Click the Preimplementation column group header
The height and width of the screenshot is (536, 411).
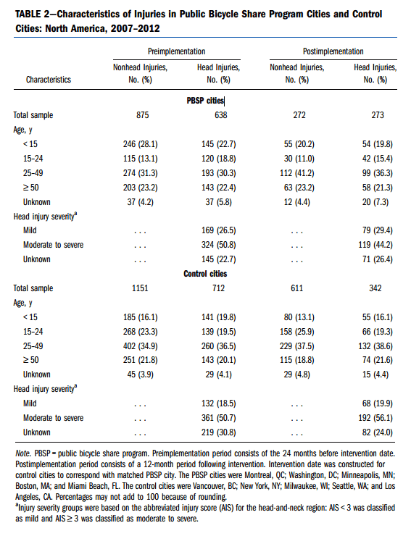tap(177, 51)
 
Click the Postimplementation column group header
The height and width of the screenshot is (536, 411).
tap(333, 51)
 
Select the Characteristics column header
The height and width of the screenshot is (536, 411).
tap(49, 80)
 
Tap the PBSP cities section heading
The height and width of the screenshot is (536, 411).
tap(205, 101)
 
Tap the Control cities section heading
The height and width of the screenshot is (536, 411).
tap(205, 274)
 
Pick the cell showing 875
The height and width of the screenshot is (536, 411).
tap(142, 115)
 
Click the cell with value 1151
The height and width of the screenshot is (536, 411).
tap(141, 288)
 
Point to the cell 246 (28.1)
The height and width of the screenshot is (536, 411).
tap(141, 144)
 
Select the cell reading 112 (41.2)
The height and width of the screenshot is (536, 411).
tap(297, 173)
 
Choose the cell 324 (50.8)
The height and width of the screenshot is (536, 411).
tap(219, 245)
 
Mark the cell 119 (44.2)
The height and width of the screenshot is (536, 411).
tap(375, 245)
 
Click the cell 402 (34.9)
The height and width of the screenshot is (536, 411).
tap(141, 346)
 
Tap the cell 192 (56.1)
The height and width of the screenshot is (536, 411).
tap(375, 418)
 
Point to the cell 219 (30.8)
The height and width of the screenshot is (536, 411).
tap(219, 432)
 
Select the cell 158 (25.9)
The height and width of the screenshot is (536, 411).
tap(297, 332)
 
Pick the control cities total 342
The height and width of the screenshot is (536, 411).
tap(375, 288)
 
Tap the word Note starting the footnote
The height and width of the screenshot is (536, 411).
tap(23, 453)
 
